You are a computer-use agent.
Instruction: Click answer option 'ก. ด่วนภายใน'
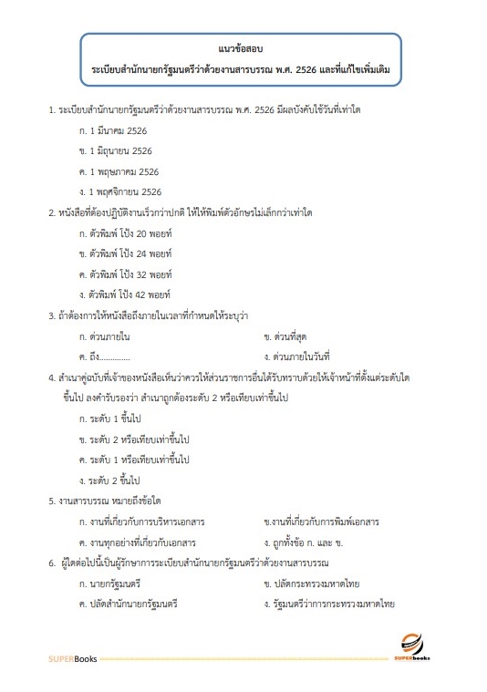point(105,336)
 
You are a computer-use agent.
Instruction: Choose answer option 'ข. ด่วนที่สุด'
point(287,336)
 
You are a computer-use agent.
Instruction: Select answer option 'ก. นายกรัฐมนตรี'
point(111,583)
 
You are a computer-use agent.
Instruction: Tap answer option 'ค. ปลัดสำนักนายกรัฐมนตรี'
point(128,604)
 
